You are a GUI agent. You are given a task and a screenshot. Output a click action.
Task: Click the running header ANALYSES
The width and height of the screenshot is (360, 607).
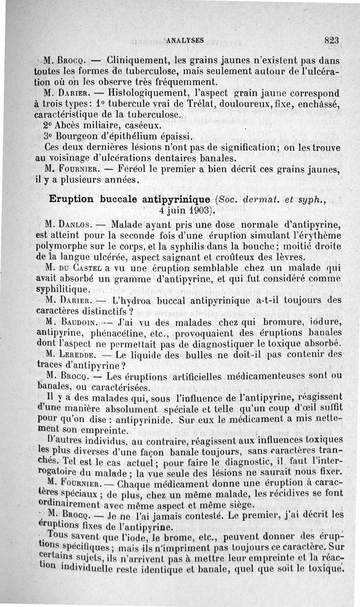click(185, 40)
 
